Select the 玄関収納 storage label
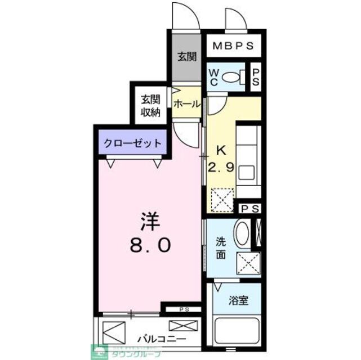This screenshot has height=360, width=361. (x=150, y=105)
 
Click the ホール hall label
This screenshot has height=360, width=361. (x=186, y=103)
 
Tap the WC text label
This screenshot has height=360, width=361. (x=214, y=78)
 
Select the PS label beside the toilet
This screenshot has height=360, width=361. (x=255, y=78)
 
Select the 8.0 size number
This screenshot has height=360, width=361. (x=149, y=245)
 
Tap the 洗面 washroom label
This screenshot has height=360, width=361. (x=220, y=248)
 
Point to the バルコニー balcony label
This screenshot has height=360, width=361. (x=162, y=340)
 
